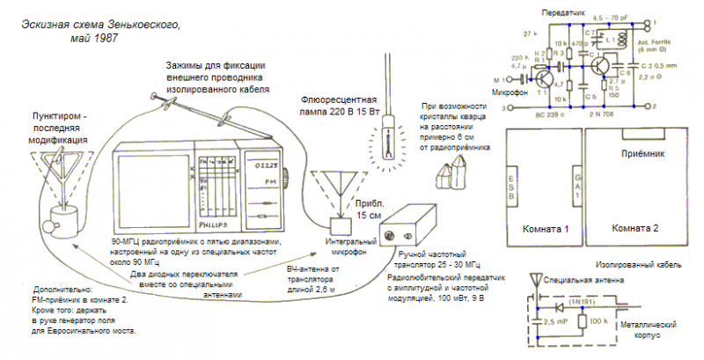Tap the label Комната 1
[539, 228]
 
